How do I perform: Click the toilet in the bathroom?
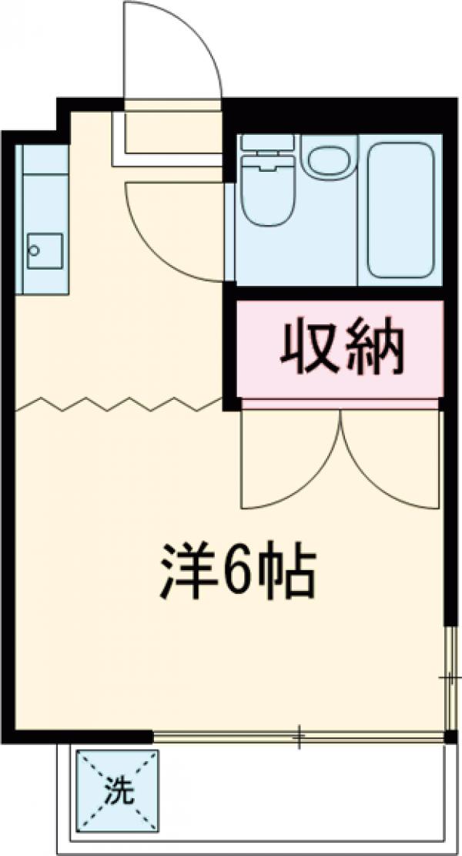266,189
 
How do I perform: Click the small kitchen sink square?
45,250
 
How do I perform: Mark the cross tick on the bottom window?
299,737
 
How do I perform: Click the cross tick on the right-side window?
449,678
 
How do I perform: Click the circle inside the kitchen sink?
34,250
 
